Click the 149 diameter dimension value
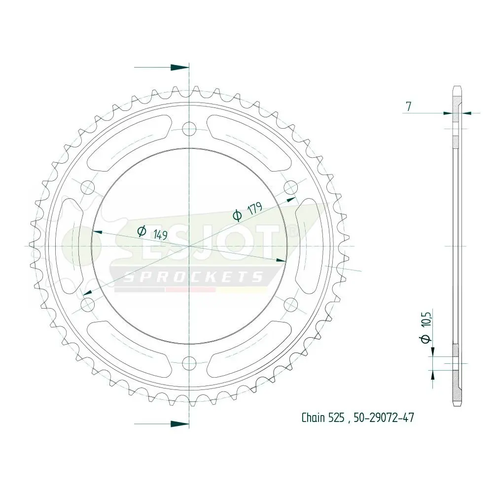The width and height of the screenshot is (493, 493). pyautogui.click(x=160, y=234)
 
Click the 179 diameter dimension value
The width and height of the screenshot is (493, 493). pyautogui.click(x=255, y=209)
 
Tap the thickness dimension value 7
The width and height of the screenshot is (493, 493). pyautogui.click(x=408, y=107)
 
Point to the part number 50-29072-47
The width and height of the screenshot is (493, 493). pyautogui.click(x=384, y=418)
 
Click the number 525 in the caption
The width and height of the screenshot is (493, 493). pyautogui.click(x=336, y=418)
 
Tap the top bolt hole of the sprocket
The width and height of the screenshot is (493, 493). pyautogui.click(x=189, y=129)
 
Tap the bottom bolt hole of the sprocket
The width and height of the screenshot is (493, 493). pyautogui.click(x=189, y=363)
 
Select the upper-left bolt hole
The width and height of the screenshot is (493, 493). pyautogui.click(x=88, y=187)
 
